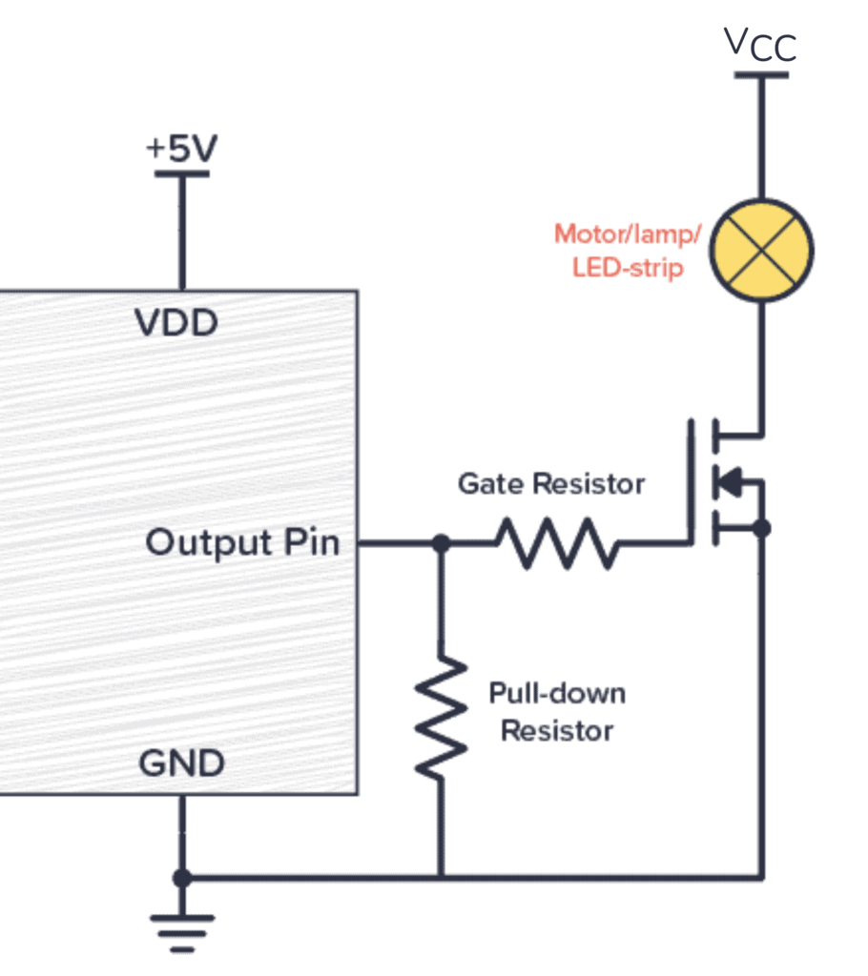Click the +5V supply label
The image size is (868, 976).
point(181,149)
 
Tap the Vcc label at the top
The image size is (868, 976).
point(759,45)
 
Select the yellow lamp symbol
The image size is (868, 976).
point(761,252)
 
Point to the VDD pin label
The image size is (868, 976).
point(176,324)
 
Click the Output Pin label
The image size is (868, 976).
point(242,543)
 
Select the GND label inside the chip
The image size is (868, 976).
point(181,763)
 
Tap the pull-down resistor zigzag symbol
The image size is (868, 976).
point(440,716)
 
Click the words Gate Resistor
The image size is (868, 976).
point(551,484)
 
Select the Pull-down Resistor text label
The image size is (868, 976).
point(557,712)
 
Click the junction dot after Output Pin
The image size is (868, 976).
point(440,543)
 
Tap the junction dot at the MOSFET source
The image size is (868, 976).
point(761,527)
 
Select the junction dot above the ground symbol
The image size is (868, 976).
point(181,877)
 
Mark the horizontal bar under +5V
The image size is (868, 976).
point(181,173)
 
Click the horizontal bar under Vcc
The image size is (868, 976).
point(761,74)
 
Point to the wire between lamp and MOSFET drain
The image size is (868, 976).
point(761,367)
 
